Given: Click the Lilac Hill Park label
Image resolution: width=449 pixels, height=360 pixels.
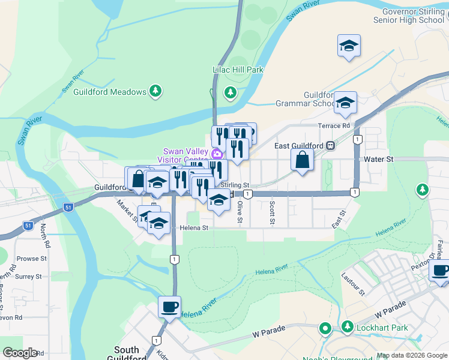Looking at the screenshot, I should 238,70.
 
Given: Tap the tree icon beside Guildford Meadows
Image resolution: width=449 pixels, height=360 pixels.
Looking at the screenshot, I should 156,92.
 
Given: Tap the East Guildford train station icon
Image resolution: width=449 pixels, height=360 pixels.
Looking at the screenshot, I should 330,146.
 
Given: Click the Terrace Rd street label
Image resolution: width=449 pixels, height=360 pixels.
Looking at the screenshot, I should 333,126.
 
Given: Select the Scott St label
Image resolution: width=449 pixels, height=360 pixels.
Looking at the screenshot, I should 272,213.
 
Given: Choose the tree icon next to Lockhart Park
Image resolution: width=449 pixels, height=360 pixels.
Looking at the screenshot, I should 347,328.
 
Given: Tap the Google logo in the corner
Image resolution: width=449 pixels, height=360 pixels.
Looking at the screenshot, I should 20,352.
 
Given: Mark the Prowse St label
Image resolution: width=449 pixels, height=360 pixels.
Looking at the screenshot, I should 32,259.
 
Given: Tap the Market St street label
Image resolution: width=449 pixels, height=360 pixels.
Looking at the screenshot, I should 127,210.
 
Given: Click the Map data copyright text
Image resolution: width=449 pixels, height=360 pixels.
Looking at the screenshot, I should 411,355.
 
